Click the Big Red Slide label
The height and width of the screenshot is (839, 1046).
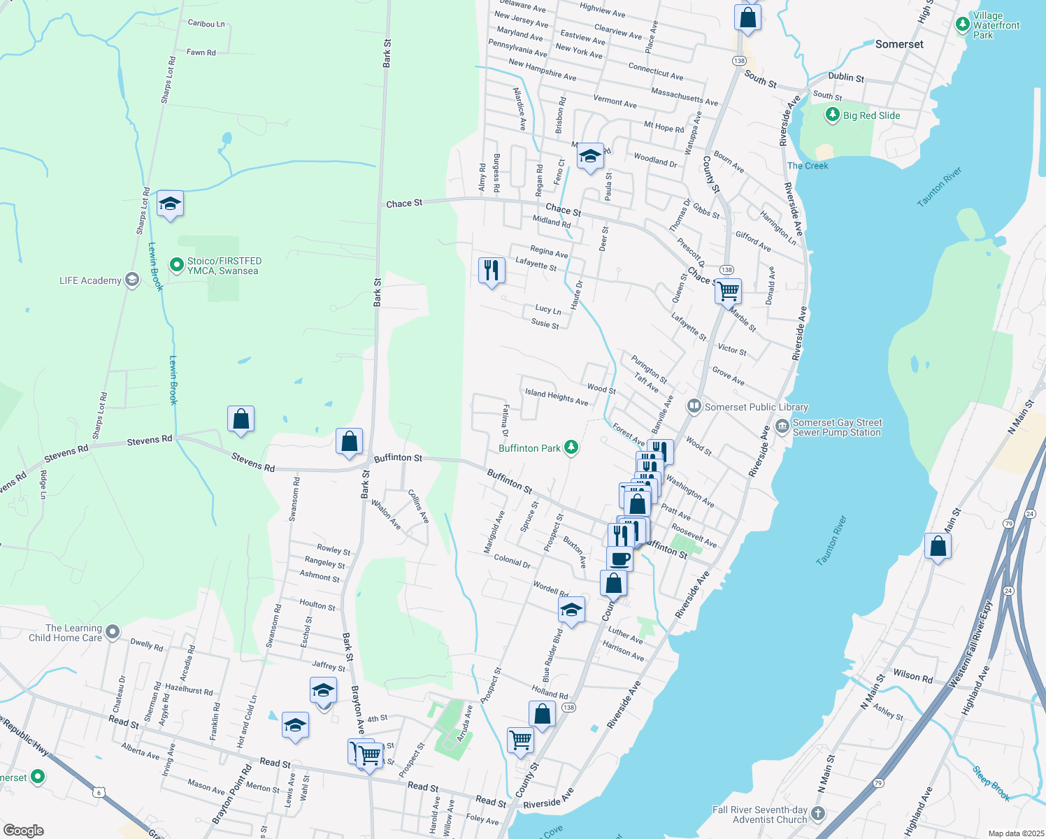pyautogui.click(x=871, y=115)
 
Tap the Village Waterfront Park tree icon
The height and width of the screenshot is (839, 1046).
pyautogui.click(x=963, y=24)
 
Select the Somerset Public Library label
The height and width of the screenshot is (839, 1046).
pyautogui.click(x=756, y=407)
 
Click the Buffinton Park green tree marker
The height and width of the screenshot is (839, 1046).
pyautogui.click(x=571, y=447)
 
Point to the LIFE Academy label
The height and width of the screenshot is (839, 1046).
pyautogui.click(x=90, y=280)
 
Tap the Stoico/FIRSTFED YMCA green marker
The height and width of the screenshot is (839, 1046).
pyautogui.click(x=177, y=266)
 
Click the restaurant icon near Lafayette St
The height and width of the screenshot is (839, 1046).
pyautogui.click(x=492, y=270)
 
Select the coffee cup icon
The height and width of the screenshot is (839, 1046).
pyautogui.click(x=619, y=558)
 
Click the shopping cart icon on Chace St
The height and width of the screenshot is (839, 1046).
pyautogui.click(x=729, y=290)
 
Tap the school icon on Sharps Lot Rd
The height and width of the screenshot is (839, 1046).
pyautogui.click(x=170, y=203)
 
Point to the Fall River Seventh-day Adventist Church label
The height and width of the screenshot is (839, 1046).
pyautogui.click(x=759, y=815)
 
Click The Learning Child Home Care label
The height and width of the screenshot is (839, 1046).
pyautogui.click(x=65, y=633)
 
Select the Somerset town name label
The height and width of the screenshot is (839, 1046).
pyautogui.click(x=899, y=44)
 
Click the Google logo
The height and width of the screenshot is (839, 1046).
pyautogui.click(x=24, y=831)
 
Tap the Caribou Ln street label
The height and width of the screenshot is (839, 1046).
pyautogui.click(x=206, y=23)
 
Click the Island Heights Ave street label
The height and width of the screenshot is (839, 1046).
pyautogui.click(x=557, y=396)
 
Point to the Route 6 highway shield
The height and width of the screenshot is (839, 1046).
pyautogui.click(x=99, y=791)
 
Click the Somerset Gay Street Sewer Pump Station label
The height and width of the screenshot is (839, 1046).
pyautogui.click(x=837, y=427)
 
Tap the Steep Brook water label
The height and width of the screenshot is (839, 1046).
pyautogui.click(x=991, y=783)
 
